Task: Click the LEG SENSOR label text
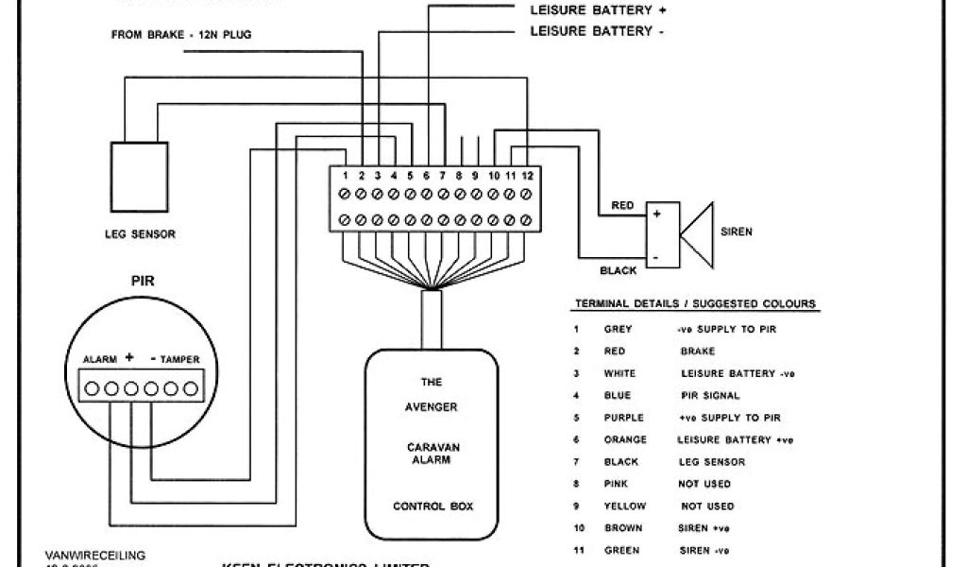140,234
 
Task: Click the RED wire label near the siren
622,205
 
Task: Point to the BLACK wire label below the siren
618,270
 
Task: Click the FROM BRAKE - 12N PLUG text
181,35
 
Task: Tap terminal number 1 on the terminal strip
346,176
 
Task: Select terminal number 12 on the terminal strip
528,176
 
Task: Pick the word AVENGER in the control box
432,407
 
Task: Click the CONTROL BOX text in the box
433,507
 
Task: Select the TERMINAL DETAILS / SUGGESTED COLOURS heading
696,304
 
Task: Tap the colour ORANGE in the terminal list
625,439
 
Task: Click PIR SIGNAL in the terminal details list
710,395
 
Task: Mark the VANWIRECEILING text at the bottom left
95,556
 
